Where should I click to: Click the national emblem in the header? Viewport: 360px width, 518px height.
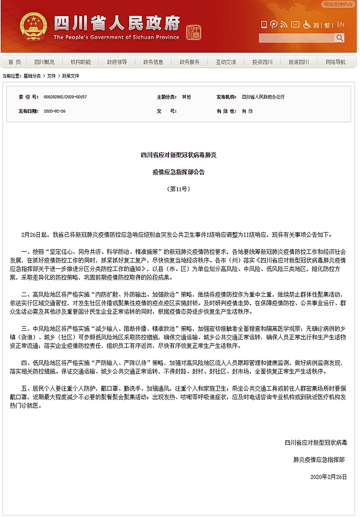pos(34,27)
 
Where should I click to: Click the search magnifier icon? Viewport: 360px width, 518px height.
pos(339,38)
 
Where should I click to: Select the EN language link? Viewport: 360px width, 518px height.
pos(341,25)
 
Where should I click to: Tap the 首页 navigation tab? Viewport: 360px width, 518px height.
pos(15,62)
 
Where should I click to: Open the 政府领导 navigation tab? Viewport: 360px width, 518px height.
pos(117,62)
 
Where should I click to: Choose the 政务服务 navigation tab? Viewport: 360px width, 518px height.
pos(190,62)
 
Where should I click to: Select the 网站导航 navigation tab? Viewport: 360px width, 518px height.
pos(335,62)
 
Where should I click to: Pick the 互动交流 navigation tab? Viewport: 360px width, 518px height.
pos(226,62)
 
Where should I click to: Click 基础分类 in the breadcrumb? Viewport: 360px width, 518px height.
pos(32,75)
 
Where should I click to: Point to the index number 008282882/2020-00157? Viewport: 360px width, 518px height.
pos(65,96)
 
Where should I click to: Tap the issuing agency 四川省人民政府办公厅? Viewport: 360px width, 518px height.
pos(264,96)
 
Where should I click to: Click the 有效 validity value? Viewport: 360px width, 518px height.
pos(247,111)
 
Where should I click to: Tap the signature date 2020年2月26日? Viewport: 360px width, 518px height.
pos(328,476)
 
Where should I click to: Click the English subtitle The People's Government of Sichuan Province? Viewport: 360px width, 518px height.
pos(116,37)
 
